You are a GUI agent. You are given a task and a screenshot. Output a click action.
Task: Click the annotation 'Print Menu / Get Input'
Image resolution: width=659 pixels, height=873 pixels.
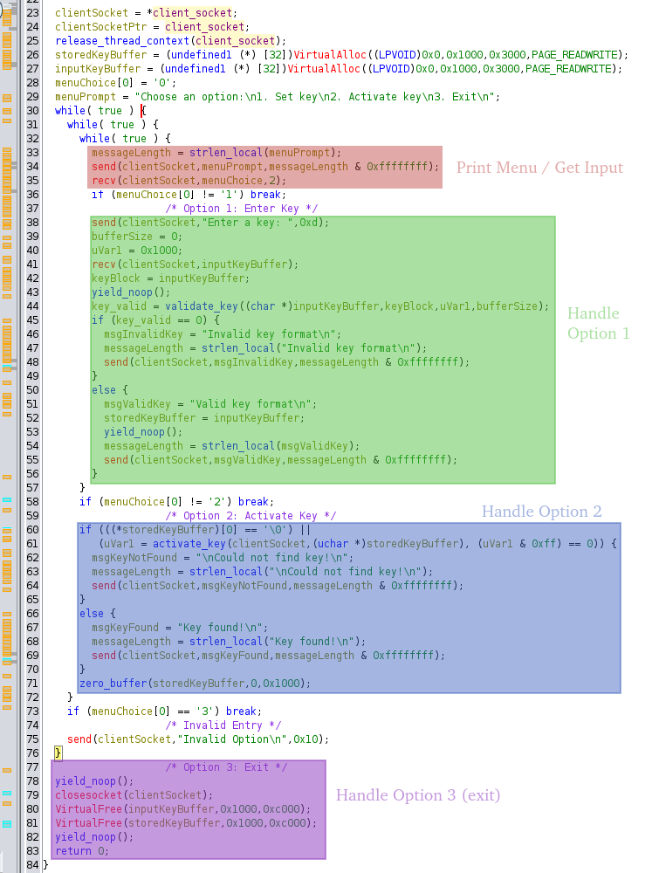click(x=539, y=168)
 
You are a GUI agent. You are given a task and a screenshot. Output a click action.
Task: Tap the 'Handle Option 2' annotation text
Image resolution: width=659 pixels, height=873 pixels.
click(x=541, y=511)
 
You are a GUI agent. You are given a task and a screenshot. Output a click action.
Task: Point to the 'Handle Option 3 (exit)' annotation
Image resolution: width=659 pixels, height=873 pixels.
click(x=418, y=795)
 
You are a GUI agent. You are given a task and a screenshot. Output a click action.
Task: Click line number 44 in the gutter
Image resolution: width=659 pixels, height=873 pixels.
click(x=33, y=306)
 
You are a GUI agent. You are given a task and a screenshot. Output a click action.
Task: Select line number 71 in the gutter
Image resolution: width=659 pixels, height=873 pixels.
click(x=33, y=684)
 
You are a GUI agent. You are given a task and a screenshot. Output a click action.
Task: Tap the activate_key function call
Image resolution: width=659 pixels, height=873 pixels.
click(x=189, y=543)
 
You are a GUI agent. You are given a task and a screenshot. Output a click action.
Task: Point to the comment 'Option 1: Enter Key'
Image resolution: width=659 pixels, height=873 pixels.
click(x=242, y=209)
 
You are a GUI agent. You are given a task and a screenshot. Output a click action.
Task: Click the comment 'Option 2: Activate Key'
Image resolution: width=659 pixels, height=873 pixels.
click(x=251, y=516)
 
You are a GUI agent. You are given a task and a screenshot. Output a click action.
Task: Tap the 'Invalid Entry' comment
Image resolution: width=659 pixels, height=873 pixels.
click(x=223, y=725)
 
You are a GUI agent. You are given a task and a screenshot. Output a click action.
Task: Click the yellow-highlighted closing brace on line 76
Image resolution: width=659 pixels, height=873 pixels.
click(x=58, y=753)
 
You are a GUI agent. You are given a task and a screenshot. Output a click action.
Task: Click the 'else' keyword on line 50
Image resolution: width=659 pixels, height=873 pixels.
click(x=104, y=389)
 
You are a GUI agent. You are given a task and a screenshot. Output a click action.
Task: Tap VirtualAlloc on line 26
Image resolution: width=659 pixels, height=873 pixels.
click(x=330, y=54)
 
